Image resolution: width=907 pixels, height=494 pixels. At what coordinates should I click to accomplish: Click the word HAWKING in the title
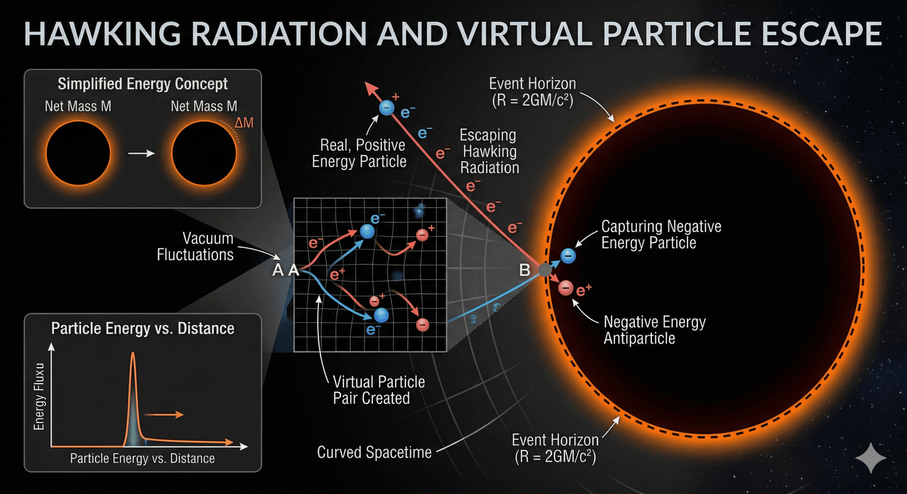[x=103, y=34]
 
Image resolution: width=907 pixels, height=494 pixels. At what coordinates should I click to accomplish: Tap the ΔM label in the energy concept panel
[x=244, y=123]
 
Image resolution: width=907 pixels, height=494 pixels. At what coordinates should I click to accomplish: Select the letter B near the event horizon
[x=525, y=270]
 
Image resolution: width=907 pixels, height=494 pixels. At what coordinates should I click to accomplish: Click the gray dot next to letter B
[x=545, y=270]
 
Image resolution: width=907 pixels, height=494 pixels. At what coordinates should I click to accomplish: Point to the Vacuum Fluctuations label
[x=196, y=247]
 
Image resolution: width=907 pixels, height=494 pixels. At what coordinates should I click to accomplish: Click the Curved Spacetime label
[x=374, y=452]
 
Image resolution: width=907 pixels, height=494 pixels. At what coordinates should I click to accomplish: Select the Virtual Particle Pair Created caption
[x=378, y=390]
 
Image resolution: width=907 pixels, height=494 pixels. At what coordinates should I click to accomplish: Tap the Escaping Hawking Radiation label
[x=489, y=151]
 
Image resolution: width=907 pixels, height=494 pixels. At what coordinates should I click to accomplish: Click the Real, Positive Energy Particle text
[x=359, y=153]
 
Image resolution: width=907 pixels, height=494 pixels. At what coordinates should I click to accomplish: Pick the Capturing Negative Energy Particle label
[x=661, y=235]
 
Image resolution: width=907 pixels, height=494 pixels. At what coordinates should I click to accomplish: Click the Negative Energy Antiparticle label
[x=654, y=330]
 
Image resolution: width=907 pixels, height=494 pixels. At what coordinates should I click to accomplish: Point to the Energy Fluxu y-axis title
[x=39, y=396]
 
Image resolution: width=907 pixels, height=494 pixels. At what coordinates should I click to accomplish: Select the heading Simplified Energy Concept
[x=142, y=84]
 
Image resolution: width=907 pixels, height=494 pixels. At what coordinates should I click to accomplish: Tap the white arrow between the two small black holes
[x=141, y=153]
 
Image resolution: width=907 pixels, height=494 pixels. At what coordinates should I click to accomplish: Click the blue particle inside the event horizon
[x=568, y=255]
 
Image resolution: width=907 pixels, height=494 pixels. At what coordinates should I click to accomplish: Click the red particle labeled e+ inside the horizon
[x=566, y=288]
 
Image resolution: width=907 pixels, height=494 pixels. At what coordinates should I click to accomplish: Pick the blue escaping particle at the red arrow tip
[x=387, y=107]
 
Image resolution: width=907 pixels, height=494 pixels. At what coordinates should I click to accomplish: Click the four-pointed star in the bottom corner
[x=871, y=458]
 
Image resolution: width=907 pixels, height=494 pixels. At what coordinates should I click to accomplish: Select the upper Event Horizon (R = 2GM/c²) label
[x=532, y=92]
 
